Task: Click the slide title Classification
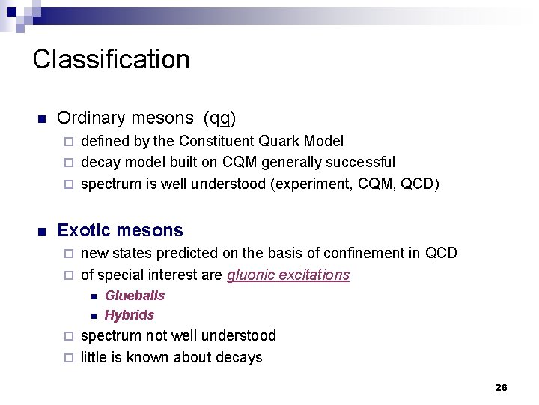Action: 111,59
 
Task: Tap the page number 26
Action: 501,387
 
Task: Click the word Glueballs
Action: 135,295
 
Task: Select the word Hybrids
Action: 130,315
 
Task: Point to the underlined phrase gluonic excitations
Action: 288,274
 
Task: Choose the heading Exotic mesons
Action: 120,230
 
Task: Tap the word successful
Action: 365,162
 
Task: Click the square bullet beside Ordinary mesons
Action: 42,119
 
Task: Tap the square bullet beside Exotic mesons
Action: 42,231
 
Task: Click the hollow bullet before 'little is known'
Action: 68,358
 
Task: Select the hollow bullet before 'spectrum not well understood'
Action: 68,336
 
